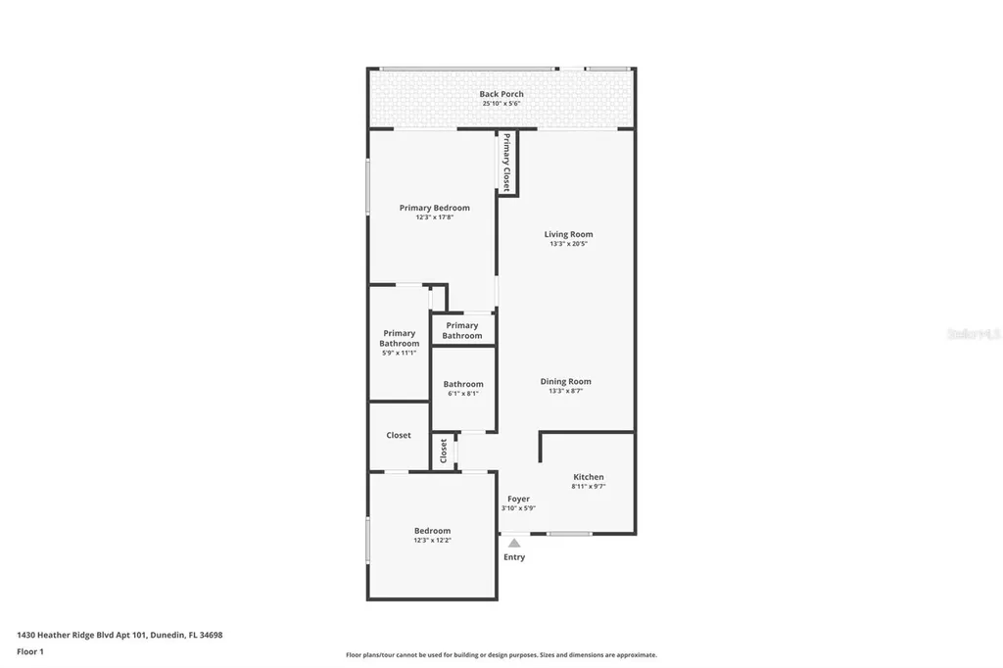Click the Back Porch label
point(501,94)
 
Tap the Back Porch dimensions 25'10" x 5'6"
point(501,104)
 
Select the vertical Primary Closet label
point(506,163)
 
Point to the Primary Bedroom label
point(434,208)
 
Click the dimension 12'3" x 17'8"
point(434,217)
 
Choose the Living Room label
point(568,234)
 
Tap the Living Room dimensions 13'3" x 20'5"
point(568,244)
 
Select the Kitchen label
point(589,477)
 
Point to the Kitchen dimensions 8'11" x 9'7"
point(589,487)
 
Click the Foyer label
point(518,499)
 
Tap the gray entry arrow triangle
point(514,543)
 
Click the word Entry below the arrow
point(514,557)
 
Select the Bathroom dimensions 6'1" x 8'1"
point(463,394)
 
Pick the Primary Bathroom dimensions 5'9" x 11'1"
point(400,354)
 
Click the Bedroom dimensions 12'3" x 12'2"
point(432,540)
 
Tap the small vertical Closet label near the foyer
point(444,452)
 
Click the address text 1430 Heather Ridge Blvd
point(83,635)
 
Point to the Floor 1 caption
point(30,651)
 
